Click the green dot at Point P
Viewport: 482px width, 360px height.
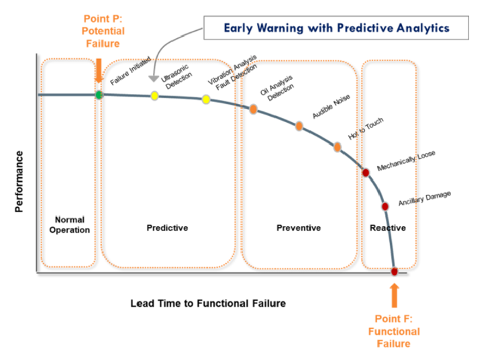(x=99, y=95)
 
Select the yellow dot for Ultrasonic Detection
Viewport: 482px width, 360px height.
(x=155, y=95)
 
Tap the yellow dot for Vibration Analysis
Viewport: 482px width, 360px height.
(x=206, y=99)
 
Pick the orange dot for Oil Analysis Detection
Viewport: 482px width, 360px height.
(x=253, y=109)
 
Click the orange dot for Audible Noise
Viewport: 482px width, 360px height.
(x=299, y=126)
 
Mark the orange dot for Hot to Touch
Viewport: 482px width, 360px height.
(x=337, y=147)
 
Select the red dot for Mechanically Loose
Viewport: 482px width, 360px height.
(x=366, y=172)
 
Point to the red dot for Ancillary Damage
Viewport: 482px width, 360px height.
(x=385, y=206)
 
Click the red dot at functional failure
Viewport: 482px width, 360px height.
(x=394, y=271)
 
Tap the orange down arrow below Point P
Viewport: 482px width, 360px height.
(x=99, y=68)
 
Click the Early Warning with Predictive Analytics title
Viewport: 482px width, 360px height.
(x=336, y=28)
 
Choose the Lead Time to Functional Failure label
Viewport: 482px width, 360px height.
(x=208, y=304)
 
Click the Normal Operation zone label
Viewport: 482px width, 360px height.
(x=70, y=225)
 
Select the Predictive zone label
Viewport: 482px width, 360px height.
(x=167, y=228)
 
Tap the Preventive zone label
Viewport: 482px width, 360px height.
(x=298, y=228)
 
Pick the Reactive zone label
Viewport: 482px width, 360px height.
(x=388, y=228)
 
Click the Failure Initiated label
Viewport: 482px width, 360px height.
(x=130, y=71)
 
